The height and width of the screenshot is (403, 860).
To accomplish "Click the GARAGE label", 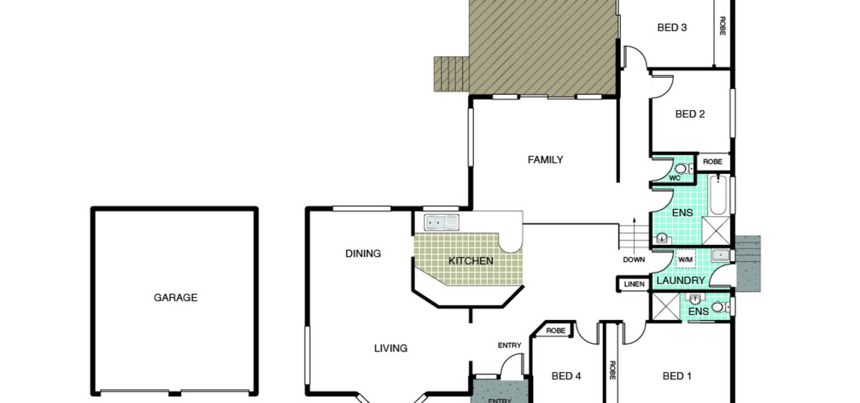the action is [x=175, y=298].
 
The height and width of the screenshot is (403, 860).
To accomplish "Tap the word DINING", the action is [x=363, y=253].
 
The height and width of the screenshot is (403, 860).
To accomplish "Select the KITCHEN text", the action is [x=471, y=261].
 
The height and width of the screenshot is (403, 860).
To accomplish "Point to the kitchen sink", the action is [x=441, y=222].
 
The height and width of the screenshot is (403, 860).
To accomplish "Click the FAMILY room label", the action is [x=545, y=160].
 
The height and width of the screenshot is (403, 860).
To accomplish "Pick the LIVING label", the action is [x=390, y=348].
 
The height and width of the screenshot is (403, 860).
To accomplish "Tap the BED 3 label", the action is [x=672, y=27].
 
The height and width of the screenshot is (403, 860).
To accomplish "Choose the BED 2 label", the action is [x=690, y=114].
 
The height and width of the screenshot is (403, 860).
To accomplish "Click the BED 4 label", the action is [x=566, y=376].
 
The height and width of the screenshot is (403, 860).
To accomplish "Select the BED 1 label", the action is [x=677, y=376].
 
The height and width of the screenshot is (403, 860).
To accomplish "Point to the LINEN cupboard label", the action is [x=634, y=284].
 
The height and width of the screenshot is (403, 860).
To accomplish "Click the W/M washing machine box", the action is [x=685, y=260].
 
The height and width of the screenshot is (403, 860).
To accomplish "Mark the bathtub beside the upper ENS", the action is [x=718, y=195].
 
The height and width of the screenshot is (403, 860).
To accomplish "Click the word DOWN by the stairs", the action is [x=634, y=260].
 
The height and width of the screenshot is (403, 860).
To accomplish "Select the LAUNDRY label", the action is [x=680, y=280].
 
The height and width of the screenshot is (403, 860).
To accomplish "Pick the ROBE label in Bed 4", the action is [x=556, y=330].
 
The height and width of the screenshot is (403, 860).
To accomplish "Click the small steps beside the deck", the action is [x=451, y=74].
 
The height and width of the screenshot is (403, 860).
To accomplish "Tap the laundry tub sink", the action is [x=721, y=255].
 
